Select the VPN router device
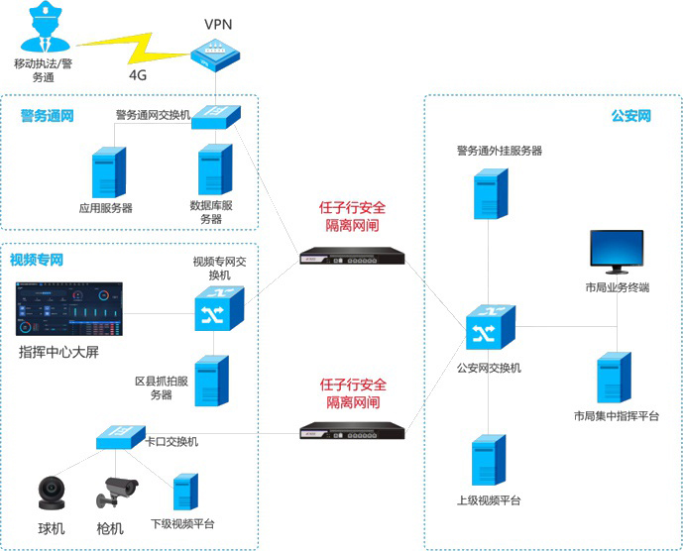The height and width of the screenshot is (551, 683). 214,54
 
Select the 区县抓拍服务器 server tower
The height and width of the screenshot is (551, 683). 211,381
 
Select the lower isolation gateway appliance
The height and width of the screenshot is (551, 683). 352,429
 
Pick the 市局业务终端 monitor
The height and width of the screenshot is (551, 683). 616,254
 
